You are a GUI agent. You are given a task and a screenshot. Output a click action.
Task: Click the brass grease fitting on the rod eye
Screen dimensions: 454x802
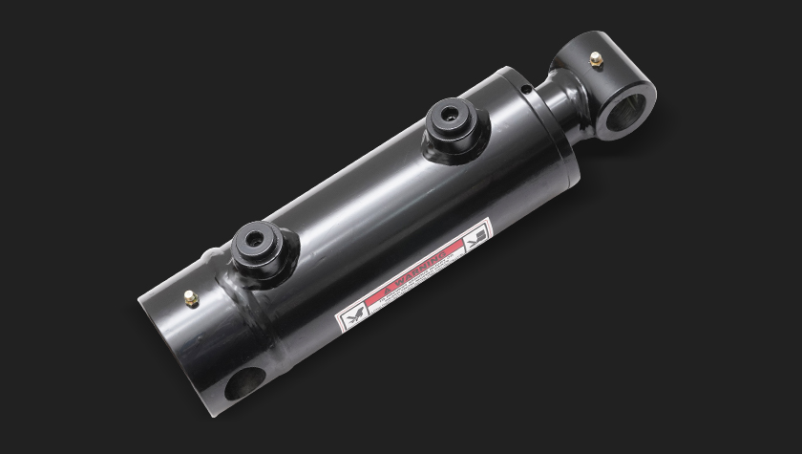[x=596, y=60]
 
